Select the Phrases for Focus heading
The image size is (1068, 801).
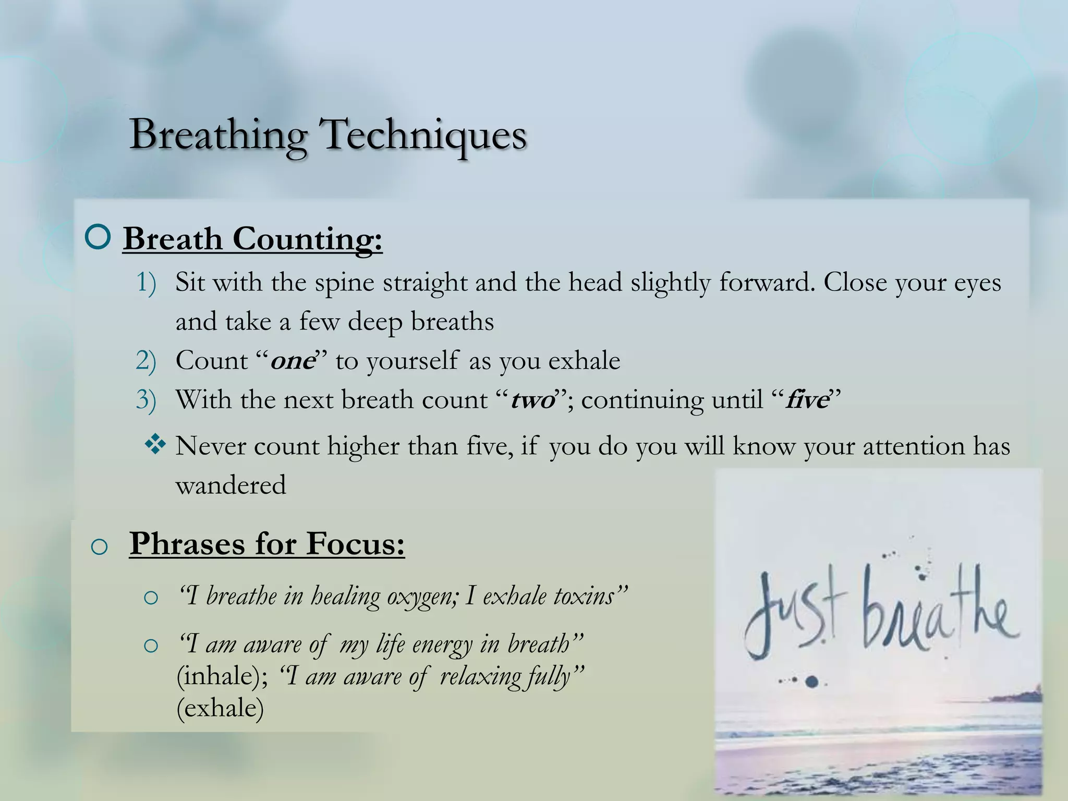tap(267, 543)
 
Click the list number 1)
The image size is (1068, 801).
tap(146, 283)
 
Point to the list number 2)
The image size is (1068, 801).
tap(146, 361)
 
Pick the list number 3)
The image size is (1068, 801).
tap(146, 400)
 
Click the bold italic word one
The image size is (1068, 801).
tap(293, 361)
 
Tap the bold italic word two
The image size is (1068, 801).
tap(532, 400)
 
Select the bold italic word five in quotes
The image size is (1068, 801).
tap(807, 400)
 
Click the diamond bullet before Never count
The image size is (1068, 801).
tap(155, 445)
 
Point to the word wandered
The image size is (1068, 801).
tap(230, 486)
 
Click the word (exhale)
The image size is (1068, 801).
tap(220, 708)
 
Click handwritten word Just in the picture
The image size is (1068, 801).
tap(793, 615)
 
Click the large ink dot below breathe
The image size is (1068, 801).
tap(812, 681)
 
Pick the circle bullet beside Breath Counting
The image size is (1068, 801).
tap(98, 237)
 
